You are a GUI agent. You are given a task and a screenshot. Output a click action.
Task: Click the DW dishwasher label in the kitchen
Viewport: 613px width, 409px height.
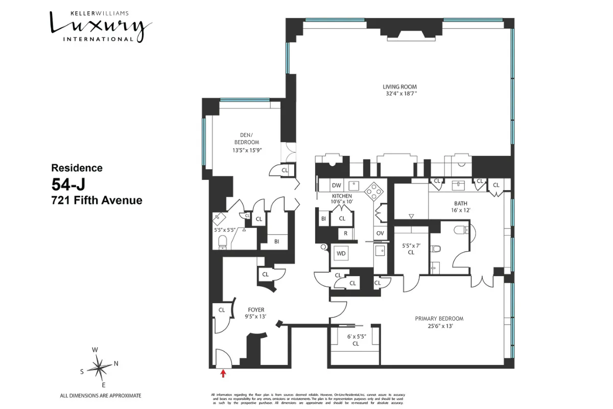(x=336, y=185)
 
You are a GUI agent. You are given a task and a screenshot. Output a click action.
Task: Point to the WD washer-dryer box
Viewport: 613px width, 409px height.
(x=341, y=253)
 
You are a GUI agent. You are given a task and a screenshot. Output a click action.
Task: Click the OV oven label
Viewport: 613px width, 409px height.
(x=380, y=233)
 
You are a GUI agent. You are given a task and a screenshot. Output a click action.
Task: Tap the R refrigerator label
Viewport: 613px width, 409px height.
(x=345, y=233)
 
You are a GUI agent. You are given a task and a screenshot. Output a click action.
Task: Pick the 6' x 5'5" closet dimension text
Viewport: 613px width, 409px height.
(x=356, y=336)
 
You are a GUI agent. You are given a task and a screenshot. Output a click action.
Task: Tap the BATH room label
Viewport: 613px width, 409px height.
(x=460, y=203)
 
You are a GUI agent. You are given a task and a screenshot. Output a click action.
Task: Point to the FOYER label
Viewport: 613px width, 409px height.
(x=255, y=310)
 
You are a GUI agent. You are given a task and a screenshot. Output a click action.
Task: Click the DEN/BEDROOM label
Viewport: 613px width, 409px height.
(x=246, y=139)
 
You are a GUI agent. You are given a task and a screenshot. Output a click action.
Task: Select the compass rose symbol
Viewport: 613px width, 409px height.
(x=99, y=366)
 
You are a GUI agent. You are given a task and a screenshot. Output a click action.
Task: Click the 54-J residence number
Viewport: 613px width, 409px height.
(x=69, y=184)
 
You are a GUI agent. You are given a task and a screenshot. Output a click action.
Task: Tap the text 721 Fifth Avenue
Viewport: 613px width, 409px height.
(x=97, y=200)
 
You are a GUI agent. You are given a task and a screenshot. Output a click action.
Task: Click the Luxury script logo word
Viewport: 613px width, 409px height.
(x=100, y=24)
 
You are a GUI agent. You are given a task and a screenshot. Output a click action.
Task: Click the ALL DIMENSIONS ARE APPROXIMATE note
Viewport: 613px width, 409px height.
(x=101, y=396)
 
